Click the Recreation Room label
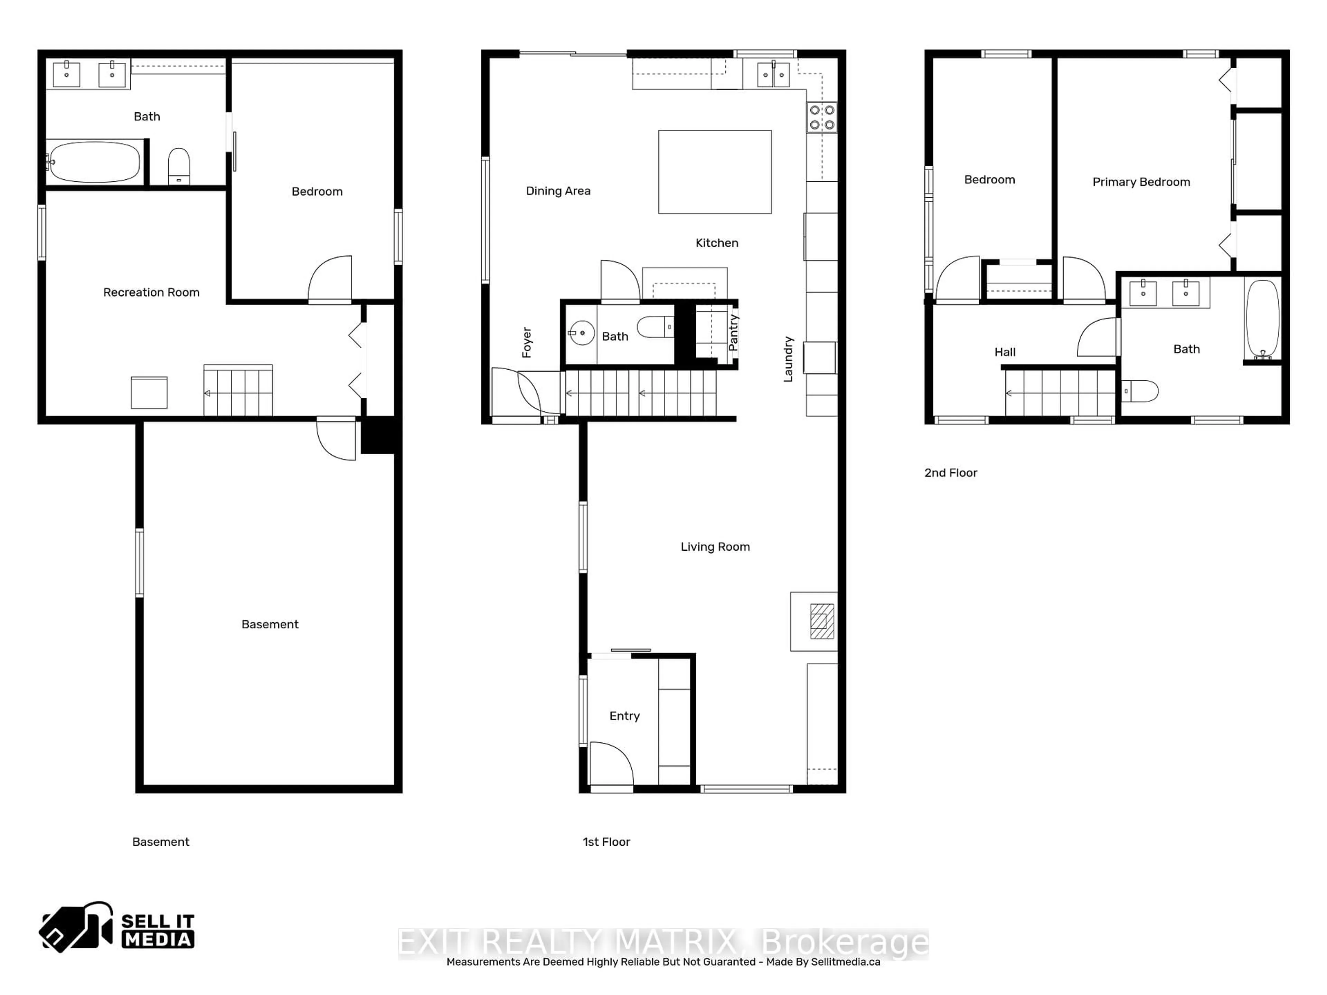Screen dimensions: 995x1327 (151, 292)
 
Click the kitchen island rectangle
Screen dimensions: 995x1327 (715, 171)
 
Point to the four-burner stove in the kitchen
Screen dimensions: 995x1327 (821, 117)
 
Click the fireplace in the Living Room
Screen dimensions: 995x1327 (821, 621)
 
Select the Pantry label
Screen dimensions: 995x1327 (733, 332)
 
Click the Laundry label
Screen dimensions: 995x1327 (788, 359)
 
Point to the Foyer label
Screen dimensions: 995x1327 (527, 342)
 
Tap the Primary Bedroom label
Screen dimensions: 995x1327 (1141, 182)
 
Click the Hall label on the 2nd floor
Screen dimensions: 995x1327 (1005, 352)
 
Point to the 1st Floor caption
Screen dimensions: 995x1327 (606, 842)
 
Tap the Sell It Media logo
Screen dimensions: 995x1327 (117, 927)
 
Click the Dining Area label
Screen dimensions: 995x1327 (558, 191)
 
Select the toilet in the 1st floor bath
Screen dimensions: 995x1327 (655, 328)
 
